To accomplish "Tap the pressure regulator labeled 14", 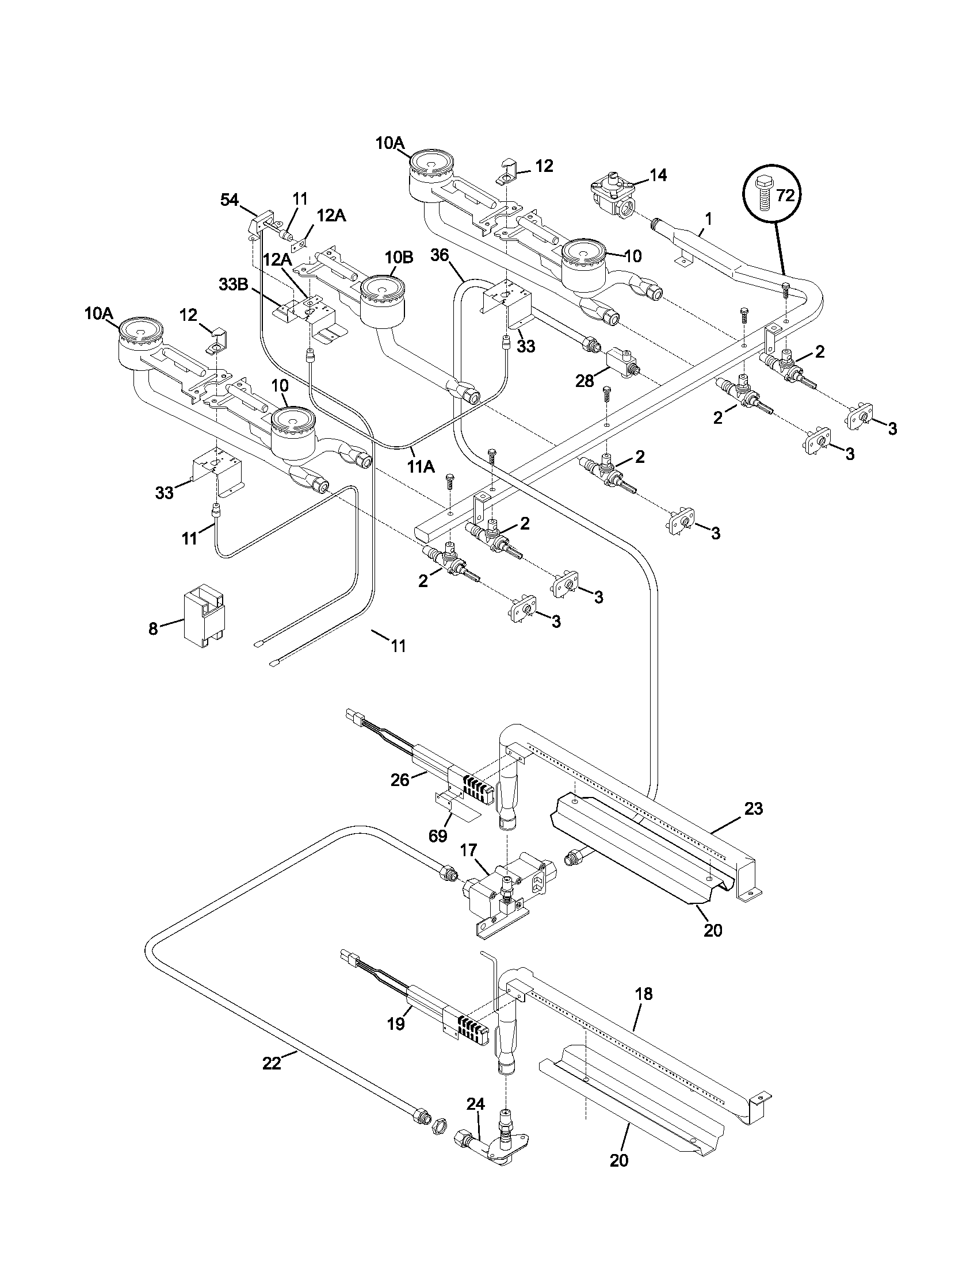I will point(613,198).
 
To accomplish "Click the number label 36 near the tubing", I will point(440,255).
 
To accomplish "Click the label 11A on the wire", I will point(421,466).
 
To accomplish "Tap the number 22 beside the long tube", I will point(271,1063).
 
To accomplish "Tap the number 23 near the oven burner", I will point(753,808).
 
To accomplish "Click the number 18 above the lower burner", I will point(643,994).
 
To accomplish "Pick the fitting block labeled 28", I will point(621,363).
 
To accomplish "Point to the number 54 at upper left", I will point(230,201).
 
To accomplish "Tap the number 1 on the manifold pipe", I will point(708,219).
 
